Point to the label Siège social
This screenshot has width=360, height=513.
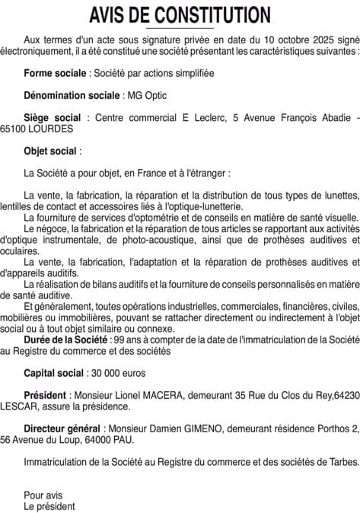[x=52, y=118]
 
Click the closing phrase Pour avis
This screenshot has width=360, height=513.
[x=43, y=495]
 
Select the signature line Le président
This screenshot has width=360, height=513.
[x=49, y=505]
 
